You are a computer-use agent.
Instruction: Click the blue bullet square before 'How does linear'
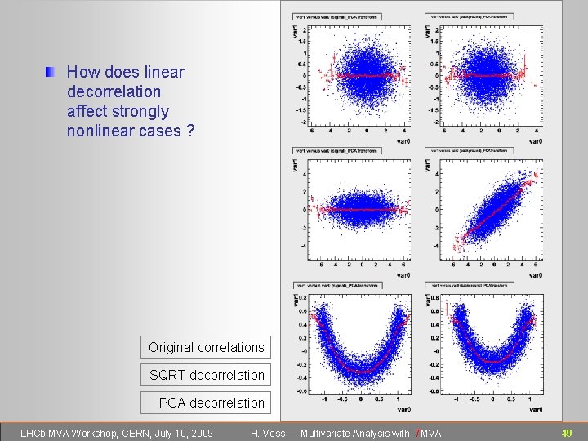pyautogui.click(x=51, y=73)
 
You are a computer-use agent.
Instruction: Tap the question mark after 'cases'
pyautogui.click(x=190, y=131)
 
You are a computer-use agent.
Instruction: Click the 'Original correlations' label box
pyautogui.click(x=206, y=347)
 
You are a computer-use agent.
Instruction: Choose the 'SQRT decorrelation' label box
pyautogui.click(x=207, y=375)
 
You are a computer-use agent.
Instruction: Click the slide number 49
pyautogui.click(x=567, y=432)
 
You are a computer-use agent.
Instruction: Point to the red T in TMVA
pyautogui.click(x=418, y=432)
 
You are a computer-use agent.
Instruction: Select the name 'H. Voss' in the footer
pyautogui.click(x=269, y=432)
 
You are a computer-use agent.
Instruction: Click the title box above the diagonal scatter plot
pyautogui.click(x=469, y=150)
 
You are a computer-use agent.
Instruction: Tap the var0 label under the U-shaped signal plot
pyautogui.click(x=403, y=408)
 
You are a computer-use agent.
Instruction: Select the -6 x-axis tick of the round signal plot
pyautogui.click(x=309, y=131)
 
